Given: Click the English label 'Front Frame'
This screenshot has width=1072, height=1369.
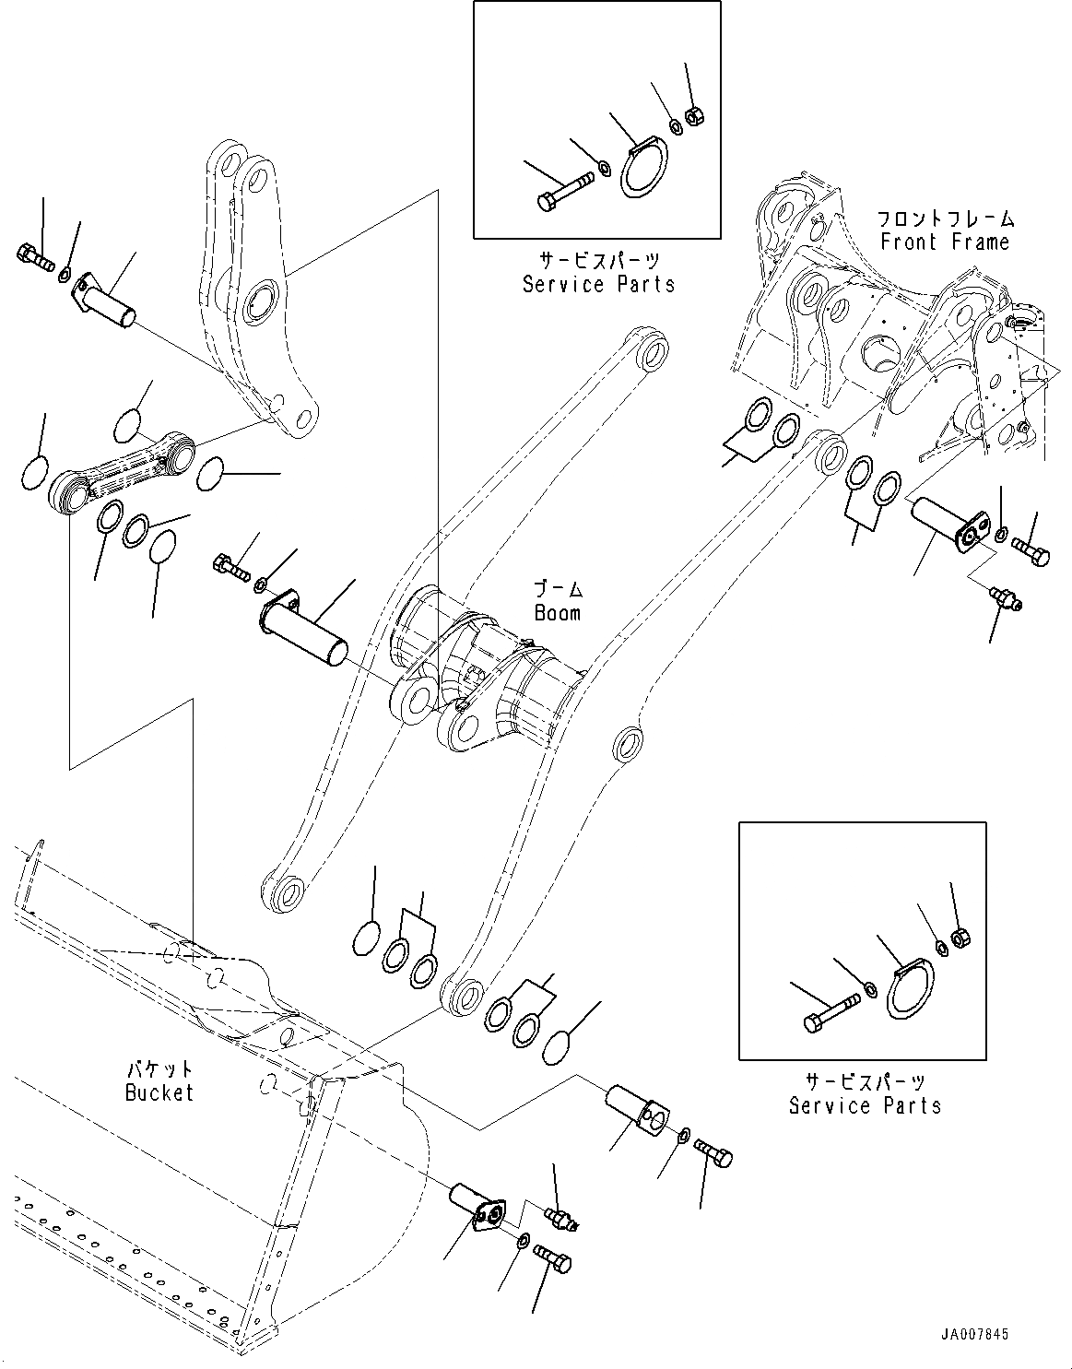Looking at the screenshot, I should pos(945,242).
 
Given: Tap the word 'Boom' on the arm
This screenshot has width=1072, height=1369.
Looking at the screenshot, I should pos(558,612).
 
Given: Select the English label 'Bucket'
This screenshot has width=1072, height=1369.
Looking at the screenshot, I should pos(159,1092).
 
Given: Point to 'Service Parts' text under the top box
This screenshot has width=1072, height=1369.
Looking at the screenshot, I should pos(598,284).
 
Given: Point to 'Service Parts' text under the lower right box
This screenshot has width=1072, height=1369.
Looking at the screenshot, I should pos(865,1104).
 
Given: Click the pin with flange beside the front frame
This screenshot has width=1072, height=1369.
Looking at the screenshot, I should pos(945,525).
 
